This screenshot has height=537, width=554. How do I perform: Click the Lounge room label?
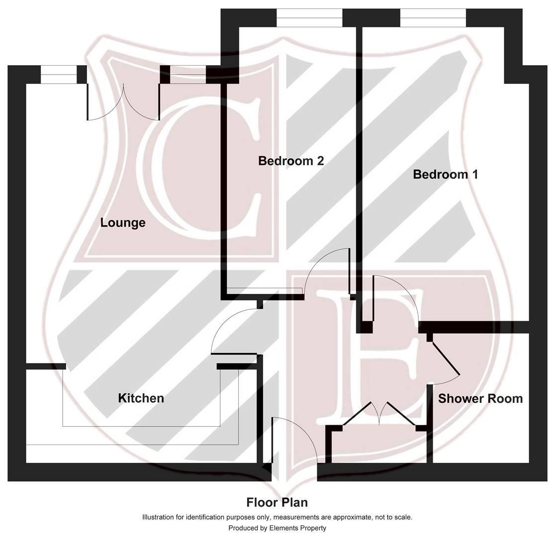(x=123, y=223)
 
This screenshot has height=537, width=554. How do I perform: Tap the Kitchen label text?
(x=141, y=398)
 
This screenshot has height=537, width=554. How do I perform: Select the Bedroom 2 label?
(x=291, y=161)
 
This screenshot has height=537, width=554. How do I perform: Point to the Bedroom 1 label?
(x=445, y=175)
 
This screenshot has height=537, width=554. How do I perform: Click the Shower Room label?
(x=480, y=399)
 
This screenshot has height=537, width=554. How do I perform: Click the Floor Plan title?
(x=277, y=502)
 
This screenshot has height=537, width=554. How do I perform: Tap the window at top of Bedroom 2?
(x=309, y=18)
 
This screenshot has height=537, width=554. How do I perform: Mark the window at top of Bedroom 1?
(x=433, y=18)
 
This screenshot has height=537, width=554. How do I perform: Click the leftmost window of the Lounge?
(x=59, y=75)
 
